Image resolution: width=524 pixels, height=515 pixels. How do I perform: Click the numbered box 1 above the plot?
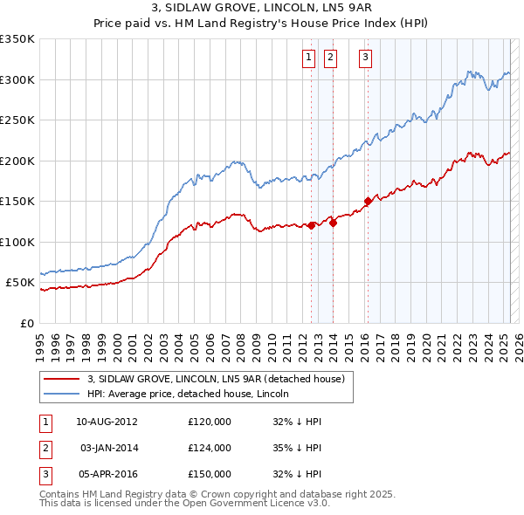click(x=309, y=58)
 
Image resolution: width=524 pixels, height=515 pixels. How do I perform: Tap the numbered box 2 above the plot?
click(x=331, y=58)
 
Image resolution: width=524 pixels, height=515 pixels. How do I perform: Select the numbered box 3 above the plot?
click(x=364, y=58)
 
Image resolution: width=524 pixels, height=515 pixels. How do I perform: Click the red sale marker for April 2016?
click(x=368, y=202)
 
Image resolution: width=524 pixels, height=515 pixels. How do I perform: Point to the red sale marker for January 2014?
click(x=333, y=223)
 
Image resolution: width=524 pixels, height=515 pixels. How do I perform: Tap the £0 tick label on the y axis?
click(x=27, y=323)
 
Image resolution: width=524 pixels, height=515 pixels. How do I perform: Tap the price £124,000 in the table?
click(x=210, y=448)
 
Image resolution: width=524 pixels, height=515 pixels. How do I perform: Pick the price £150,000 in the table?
click(x=210, y=474)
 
